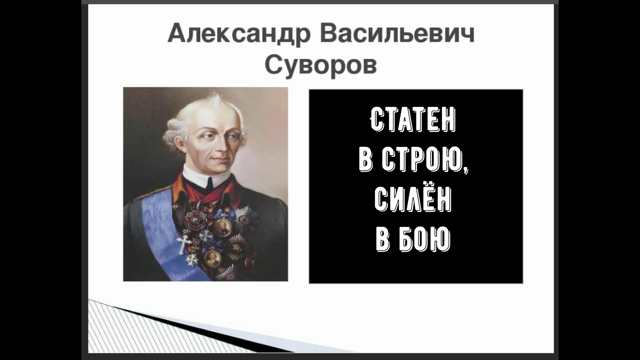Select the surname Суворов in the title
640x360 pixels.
[x=321, y=65]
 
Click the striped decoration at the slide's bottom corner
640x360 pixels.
[x=110, y=327]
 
